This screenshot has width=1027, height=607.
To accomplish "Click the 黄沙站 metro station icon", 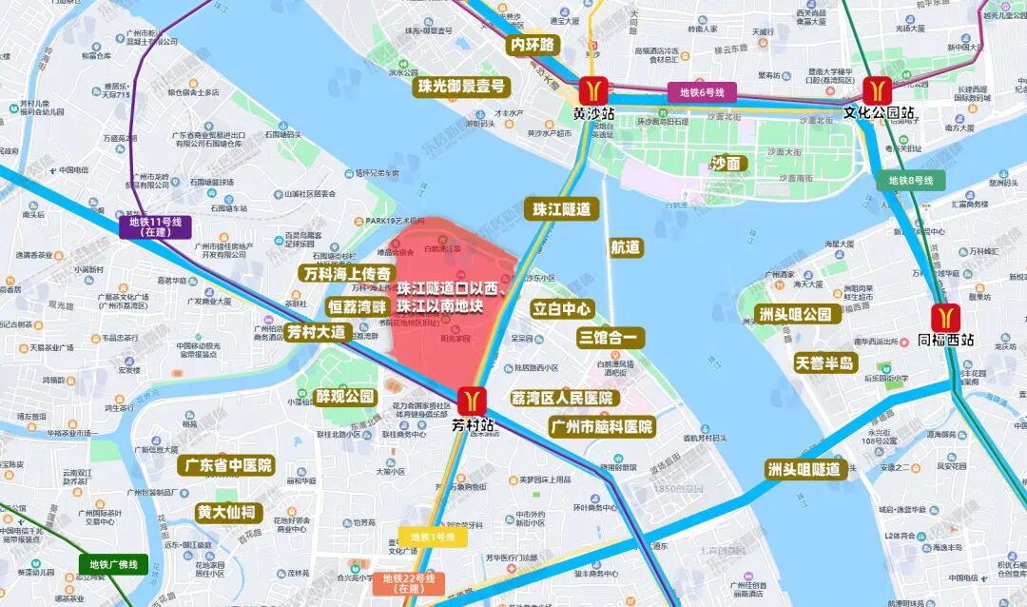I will [x=595, y=89].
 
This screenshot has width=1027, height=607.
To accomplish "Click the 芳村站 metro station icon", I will [x=473, y=401].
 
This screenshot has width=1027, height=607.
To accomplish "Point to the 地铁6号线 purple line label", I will [x=702, y=92].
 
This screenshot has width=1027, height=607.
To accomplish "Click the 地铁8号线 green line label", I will [x=911, y=180].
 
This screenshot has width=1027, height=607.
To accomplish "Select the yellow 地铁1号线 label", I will [x=433, y=538].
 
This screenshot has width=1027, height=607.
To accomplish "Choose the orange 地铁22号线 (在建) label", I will [x=409, y=582].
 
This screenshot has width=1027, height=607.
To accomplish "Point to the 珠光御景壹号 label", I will [x=460, y=87].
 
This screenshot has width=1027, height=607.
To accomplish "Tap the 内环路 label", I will [x=532, y=45].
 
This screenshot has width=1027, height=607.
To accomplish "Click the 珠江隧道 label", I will [x=562, y=209].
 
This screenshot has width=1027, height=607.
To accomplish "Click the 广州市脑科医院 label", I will [x=602, y=427].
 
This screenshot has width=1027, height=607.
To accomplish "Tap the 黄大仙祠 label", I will [x=226, y=512].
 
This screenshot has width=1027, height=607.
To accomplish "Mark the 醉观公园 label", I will [x=346, y=397].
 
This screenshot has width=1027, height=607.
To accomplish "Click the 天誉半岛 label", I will [x=826, y=362].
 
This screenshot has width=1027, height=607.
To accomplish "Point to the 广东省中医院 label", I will [x=225, y=465].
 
